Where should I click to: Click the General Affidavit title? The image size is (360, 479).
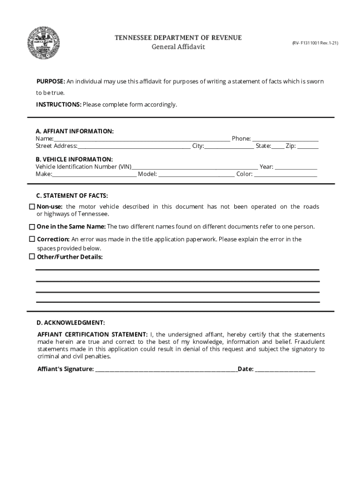click(178, 47)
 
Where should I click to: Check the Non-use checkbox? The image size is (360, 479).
click(32, 207)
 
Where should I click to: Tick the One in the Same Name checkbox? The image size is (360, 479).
click(32, 227)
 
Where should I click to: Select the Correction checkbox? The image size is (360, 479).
click(32, 239)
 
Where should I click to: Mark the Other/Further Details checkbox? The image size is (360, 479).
click(32, 257)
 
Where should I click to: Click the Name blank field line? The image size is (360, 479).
click(142, 139)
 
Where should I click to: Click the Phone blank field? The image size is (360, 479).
click(285, 139)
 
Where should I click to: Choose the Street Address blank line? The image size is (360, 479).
click(134, 147)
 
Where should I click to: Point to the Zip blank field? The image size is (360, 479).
click(308, 147)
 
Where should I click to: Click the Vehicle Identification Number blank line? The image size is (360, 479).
click(194, 167)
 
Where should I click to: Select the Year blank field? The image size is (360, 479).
click(296, 167)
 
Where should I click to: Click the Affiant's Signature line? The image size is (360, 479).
click(166, 370)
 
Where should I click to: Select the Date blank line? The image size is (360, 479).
click(285, 370)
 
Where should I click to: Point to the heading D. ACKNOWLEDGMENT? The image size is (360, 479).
click(71, 323)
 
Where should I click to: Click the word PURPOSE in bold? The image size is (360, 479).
click(50, 81)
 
